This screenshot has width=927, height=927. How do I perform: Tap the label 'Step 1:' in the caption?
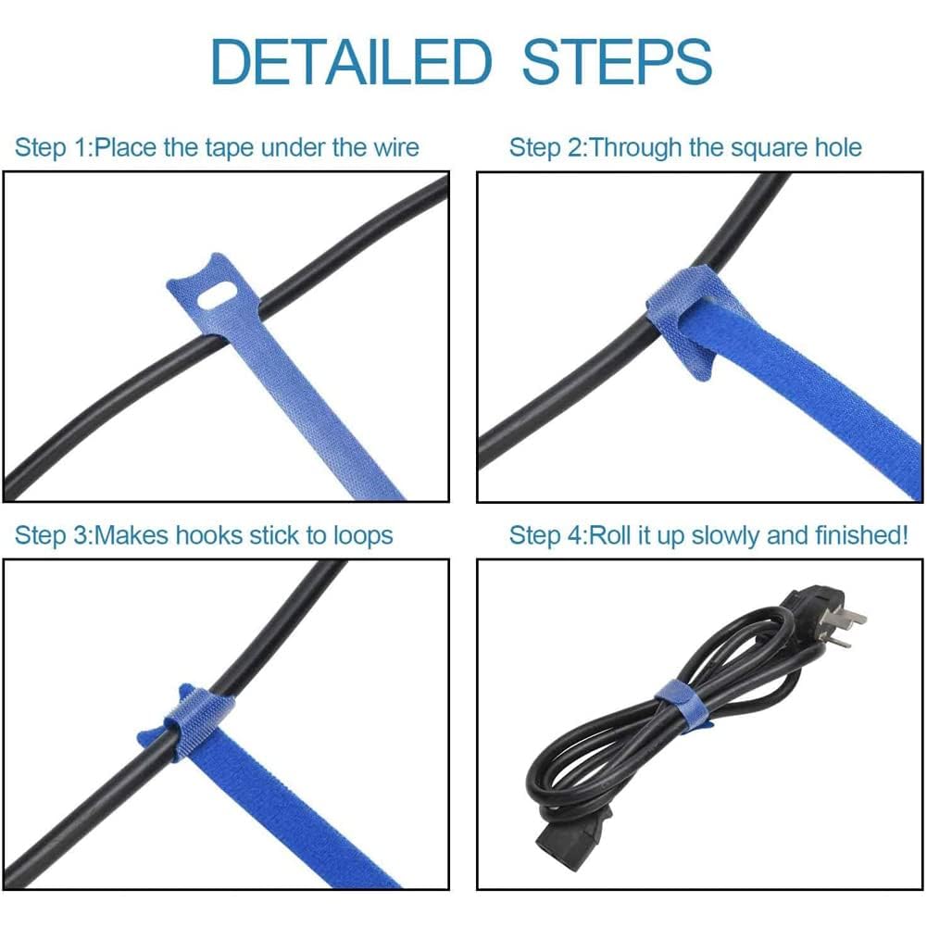pyautogui.click(x=54, y=147)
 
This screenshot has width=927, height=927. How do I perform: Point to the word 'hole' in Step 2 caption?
pyautogui.click(x=833, y=147)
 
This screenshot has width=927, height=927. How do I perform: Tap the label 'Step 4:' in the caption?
pyautogui.click(x=547, y=535)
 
